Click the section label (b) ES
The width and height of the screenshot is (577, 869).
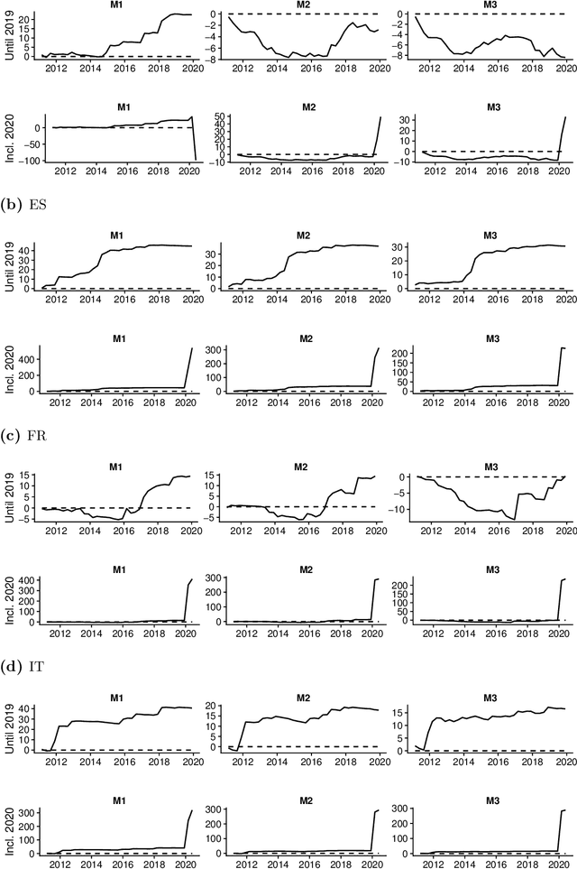click(x=23, y=204)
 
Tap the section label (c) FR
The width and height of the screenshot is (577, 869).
click(x=23, y=436)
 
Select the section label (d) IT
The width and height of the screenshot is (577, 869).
click(x=23, y=669)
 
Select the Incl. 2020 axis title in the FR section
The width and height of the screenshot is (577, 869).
click(x=9, y=598)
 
